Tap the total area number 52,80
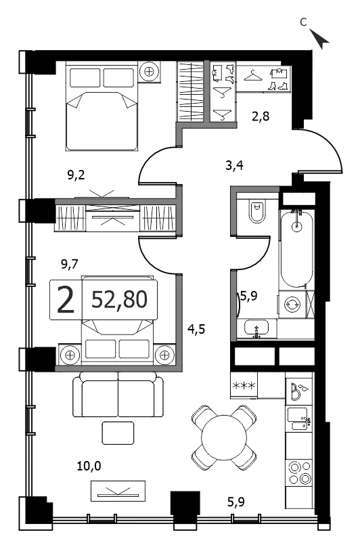tap(119, 300)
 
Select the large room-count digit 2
tap(66, 300)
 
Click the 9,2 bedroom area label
tap(76, 175)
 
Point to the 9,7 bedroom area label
tap(70, 264)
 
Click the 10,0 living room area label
tap(89, 466)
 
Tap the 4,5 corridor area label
tap(196, 329)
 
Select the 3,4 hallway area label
tap(234, 165)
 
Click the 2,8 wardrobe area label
tap(261, 116)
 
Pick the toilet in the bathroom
tap(258, 211)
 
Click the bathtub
tap(296, 249)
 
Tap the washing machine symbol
tap(292, 304)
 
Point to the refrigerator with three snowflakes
tap(244, 385)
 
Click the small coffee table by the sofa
tap(118, 433)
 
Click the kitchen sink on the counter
tap(298, 419)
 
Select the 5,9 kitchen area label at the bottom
tap(236, 502)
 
